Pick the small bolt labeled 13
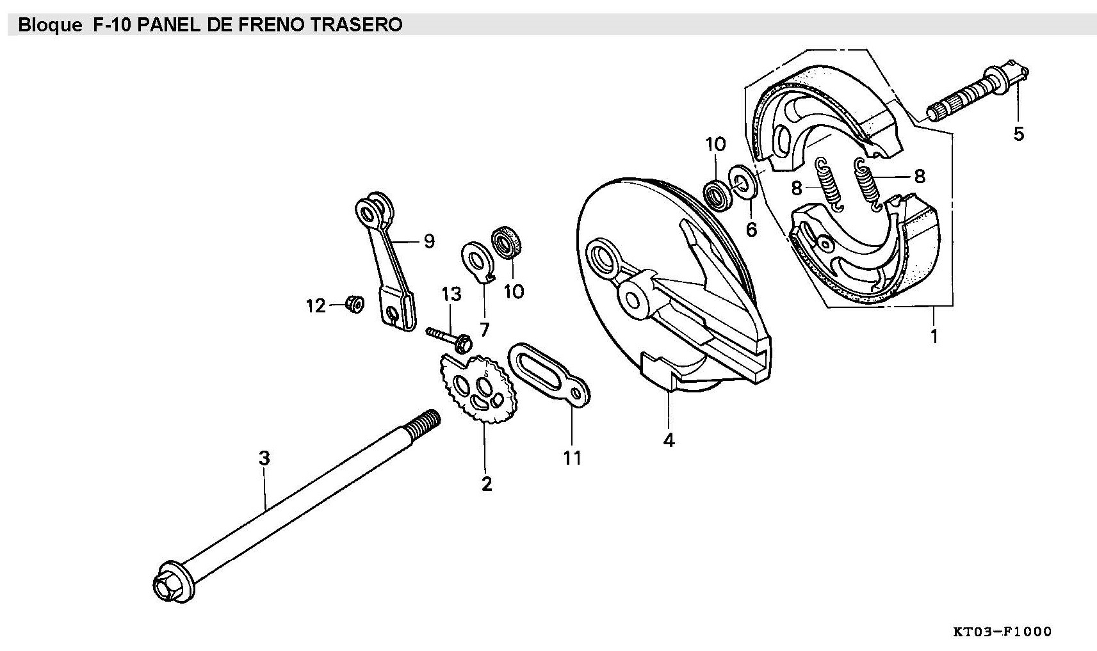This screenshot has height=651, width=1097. tap(448, 337)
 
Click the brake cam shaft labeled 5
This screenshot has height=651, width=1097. tap(973, 92)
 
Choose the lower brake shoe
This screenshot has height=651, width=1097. tap(865, 256)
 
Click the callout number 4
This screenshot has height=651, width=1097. tap(669, 440)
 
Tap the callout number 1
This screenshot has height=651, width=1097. tap(934, 335)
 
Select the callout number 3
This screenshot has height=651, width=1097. tap(264, 458)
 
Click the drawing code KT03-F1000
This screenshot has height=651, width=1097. tap(1002, 632)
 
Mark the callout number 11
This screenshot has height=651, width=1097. tap(572, 458)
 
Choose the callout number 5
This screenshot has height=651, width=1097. tap(1018, 134)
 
